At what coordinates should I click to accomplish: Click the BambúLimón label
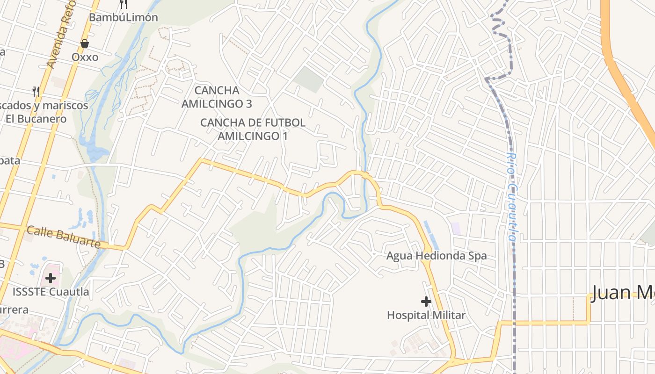[124, 17]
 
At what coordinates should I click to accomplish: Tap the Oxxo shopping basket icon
[85, 43]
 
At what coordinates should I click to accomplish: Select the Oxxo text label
[85, 57]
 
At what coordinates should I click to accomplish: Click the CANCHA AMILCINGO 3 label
[217, 97]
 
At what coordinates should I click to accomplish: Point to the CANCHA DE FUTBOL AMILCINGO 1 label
[253, 129]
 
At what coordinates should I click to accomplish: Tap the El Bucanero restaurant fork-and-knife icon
[36, 91]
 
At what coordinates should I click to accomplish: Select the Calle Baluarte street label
[64, 237]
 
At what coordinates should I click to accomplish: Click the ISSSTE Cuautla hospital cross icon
[51, 278]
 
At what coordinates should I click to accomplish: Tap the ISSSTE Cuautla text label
[51, 292]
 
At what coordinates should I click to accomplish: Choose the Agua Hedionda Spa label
[436, 256]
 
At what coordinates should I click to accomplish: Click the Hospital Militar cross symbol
[426, 302]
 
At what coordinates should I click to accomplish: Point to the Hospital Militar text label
[426, 315]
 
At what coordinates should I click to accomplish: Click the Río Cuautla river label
[513, 196]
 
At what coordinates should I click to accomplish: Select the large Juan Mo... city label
[622, 293]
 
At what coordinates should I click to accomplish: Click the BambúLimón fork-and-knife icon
[124, 4]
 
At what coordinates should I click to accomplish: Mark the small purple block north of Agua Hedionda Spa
[456, 229]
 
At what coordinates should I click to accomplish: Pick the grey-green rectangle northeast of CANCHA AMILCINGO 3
[309, 79]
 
